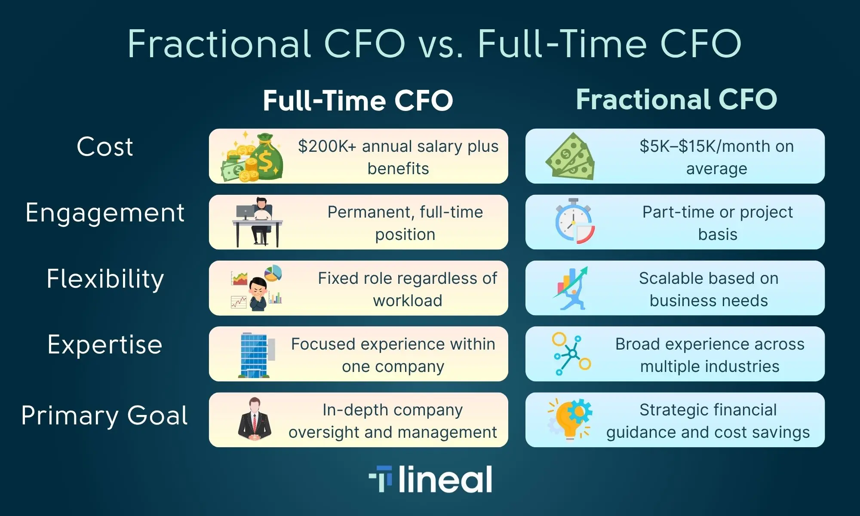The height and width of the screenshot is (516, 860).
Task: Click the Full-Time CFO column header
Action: [x=358, y=101]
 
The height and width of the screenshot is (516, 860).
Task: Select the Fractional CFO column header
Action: [x=676, y=99]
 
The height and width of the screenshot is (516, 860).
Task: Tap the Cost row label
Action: [x=105, y=147]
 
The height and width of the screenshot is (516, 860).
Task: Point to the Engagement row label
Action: [x=105, y=213]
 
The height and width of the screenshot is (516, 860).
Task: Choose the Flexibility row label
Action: [x=105, y=279]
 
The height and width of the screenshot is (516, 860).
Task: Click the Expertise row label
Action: [x=105, y=344]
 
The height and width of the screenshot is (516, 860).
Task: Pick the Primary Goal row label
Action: [x=104, y=415]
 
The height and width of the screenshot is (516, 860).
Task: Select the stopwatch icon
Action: [x=574, y=221]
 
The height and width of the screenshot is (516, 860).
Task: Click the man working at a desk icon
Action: [x=257, y=222]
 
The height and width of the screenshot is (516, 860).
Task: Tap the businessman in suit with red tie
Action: [x=255, y=419]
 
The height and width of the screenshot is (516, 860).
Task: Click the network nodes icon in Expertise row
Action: [x=571, y=353]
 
